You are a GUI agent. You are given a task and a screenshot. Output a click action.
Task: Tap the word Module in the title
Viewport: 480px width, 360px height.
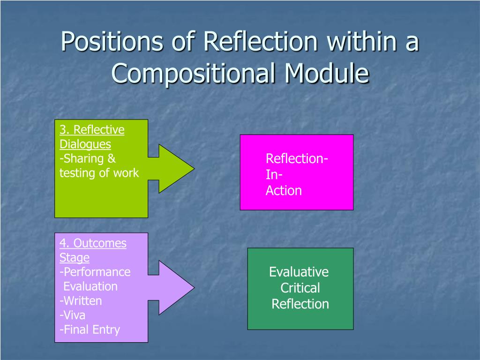coord(327,74)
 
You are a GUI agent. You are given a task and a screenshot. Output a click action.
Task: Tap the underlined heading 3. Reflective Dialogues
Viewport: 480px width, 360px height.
coord(92,136)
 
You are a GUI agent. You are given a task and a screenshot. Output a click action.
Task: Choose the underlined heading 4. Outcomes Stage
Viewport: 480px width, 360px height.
coord(93,250)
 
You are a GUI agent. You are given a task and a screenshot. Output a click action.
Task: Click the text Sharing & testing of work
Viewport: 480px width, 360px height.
coord(99,166)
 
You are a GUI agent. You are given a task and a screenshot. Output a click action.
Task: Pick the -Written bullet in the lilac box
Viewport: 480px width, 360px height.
coord(81,300)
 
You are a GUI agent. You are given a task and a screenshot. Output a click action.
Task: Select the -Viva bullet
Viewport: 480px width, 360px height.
coord(73,315)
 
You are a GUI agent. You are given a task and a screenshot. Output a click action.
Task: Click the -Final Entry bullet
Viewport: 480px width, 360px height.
coord(90,330)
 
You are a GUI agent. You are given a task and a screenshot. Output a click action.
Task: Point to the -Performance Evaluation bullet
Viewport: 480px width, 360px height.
coord(95,279)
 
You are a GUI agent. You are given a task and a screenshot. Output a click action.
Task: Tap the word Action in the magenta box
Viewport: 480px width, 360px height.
coord(284,191)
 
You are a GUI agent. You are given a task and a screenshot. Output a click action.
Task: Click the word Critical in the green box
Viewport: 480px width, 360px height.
coord(300,288)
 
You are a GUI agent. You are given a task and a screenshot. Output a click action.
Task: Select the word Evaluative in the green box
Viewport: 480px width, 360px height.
coord(299,272)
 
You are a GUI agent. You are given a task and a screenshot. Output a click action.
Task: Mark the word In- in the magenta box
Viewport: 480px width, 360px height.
coord(274,175)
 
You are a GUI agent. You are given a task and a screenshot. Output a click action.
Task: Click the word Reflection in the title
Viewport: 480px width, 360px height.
coord(260,42)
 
